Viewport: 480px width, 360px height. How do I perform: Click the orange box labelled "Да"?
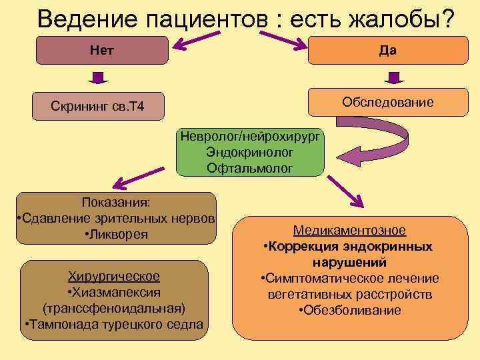click(388, 51)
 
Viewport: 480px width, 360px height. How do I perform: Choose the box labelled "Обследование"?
click(387, 102)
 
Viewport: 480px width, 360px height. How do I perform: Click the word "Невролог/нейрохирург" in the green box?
click(249, 137)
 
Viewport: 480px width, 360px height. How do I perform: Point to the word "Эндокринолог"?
click(249, 153)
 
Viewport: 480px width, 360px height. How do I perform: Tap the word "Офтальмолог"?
click(249, 169)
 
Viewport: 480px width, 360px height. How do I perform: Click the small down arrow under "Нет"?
click(98, 79)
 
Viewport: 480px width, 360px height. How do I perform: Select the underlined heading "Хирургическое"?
click(114, 276)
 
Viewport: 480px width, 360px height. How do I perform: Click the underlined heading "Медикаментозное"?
click(349, 231)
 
